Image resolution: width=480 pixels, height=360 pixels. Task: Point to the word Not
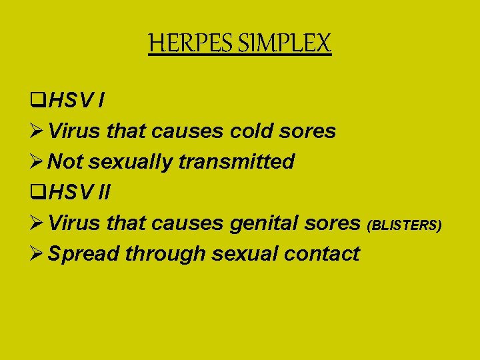click(66, 162)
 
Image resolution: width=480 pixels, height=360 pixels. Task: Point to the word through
click(165, 254)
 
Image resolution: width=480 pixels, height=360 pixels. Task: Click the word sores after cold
click(309, 131)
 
